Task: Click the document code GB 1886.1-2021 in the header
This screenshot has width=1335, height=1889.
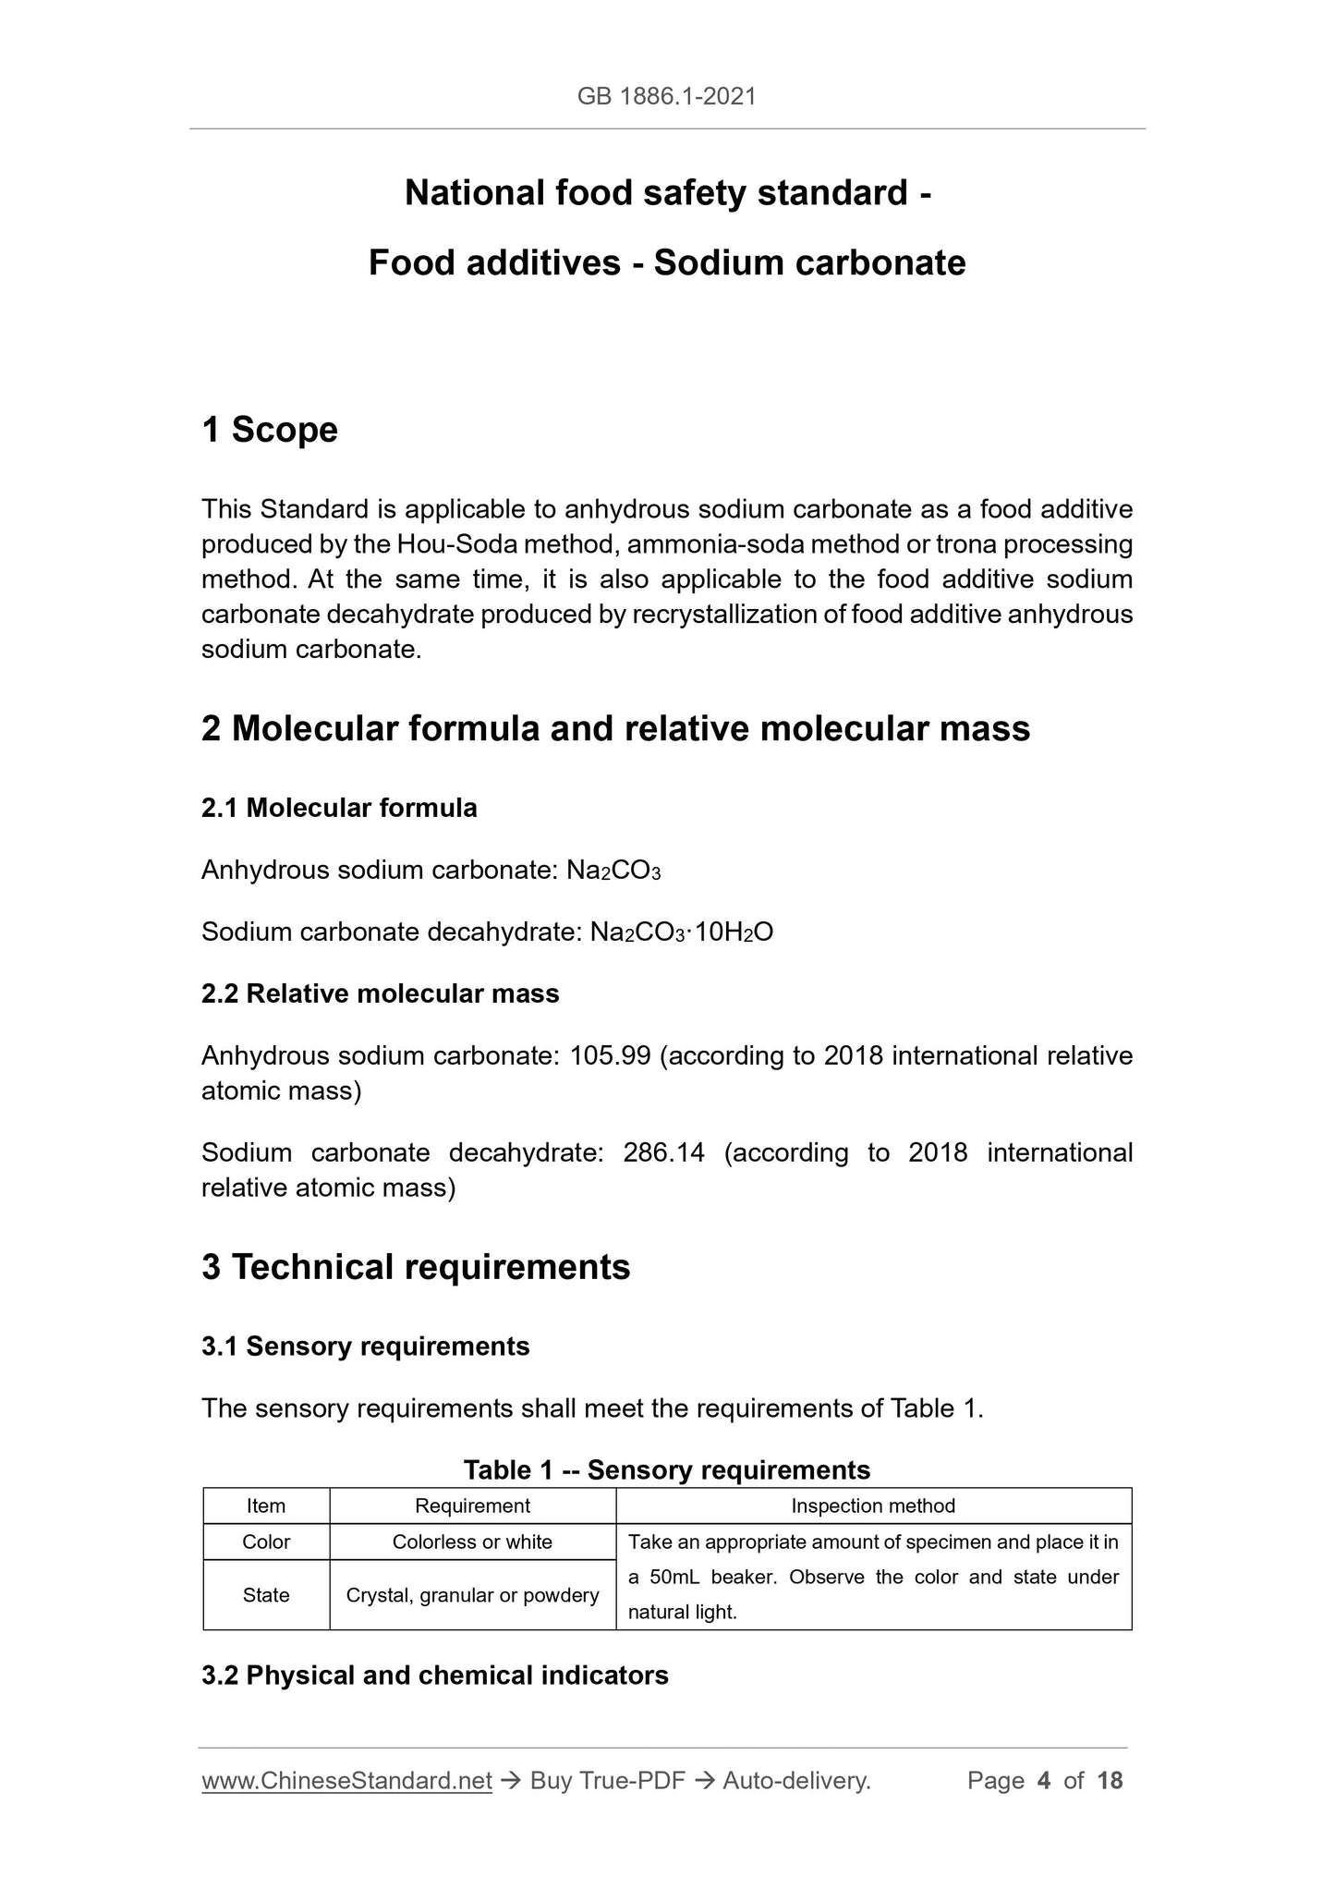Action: click(666, 96)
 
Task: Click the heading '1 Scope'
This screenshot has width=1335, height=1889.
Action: click(270, 430)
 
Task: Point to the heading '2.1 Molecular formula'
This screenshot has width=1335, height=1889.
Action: click(339, 809)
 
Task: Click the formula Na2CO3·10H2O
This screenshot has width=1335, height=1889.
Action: click(681, 932)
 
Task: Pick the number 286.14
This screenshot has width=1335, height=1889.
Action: click(663, 1152)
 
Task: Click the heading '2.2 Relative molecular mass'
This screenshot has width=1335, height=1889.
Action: click(380, 994)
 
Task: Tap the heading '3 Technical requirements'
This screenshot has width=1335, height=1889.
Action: click(416, 1267)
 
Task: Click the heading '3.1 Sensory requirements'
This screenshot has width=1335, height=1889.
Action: click(365, 1347)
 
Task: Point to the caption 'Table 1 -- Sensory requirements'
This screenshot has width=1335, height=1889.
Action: click(666, 1469)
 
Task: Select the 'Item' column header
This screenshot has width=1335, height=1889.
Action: click(266, 1505)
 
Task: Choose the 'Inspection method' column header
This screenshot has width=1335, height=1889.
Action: click(873, 1505)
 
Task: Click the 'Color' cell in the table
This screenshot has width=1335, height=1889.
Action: click(266, 1542)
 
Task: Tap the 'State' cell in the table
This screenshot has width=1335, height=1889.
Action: click(266, 1595)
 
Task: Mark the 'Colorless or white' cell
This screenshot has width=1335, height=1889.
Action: click(472, 1542)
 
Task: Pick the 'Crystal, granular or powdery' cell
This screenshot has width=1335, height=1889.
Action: click(472, 1595)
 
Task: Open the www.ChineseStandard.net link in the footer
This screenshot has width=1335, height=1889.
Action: click(346, 1781)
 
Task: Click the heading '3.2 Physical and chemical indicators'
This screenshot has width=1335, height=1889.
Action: click(434, 1676)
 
